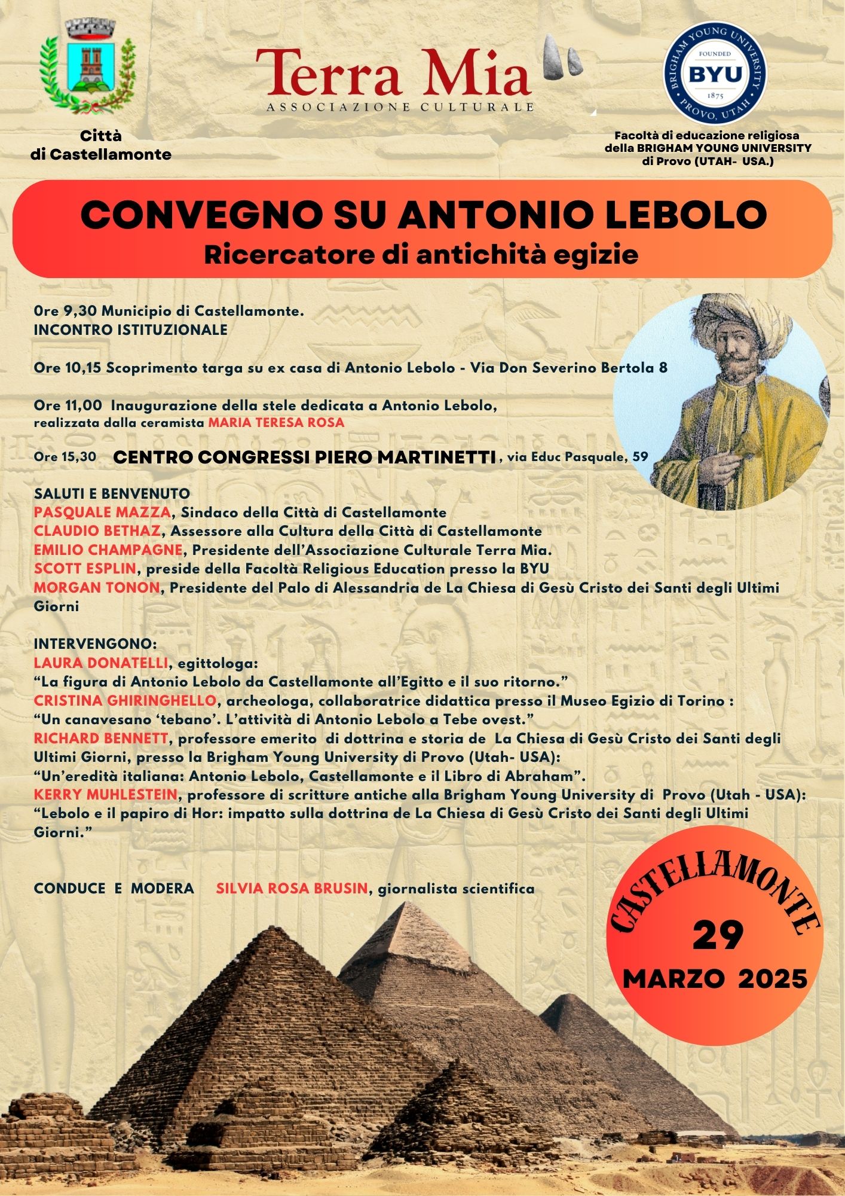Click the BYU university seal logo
(x=715, y=74)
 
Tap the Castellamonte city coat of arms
(x=88, y=67)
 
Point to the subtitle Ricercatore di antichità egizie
(x=421, y=255)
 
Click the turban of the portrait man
(x=741, y=323)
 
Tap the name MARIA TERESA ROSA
(x=276, y=423)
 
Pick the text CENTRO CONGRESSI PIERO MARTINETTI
(x=305, y=457)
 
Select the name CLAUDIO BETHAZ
(x=97, y=531)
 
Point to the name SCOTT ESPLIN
(x=85, y=569)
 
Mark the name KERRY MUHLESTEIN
(x=106, y=795)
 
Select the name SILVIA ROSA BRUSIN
(x=292, y=889)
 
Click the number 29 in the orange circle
(x=718, y=935)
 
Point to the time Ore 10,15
(x=68, y=368)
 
